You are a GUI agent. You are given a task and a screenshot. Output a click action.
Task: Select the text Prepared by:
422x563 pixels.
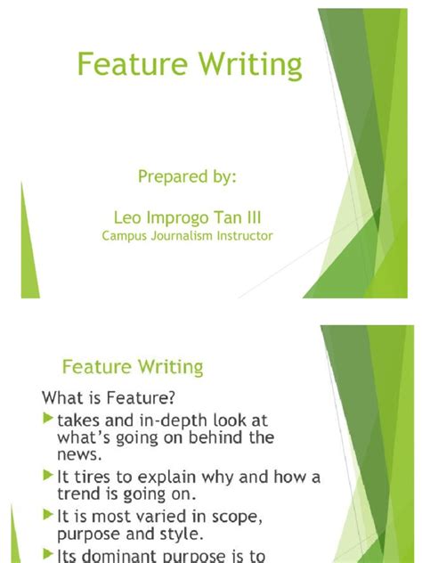tap(187, 177)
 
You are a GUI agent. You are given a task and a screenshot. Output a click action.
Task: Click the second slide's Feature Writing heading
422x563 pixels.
tap(132, 366)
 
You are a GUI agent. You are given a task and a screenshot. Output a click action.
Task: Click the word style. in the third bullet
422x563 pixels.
tap(183, 534)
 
